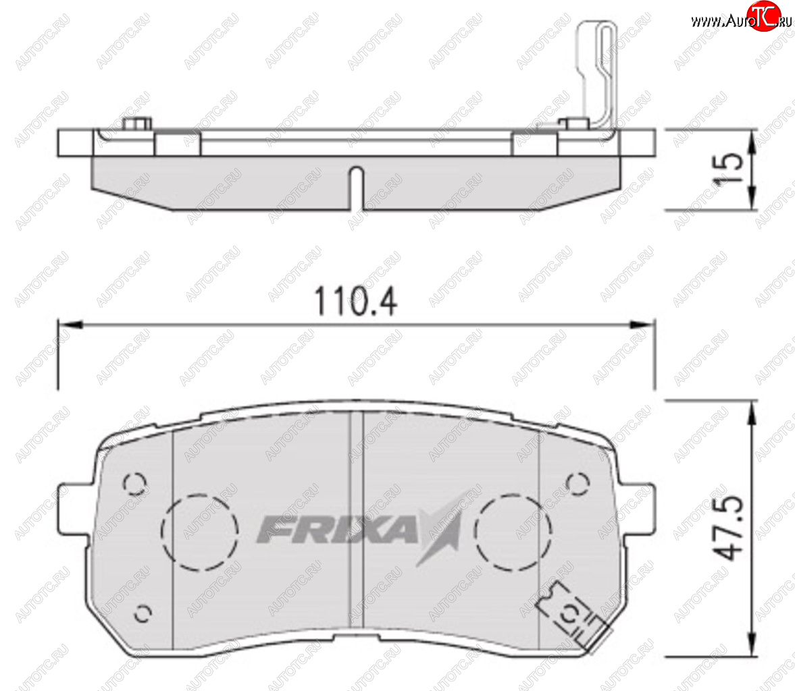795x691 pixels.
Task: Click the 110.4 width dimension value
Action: point(356,302)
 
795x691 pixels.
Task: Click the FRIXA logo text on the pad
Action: point(337,530)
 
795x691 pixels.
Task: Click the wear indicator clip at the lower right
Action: point(572,616)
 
